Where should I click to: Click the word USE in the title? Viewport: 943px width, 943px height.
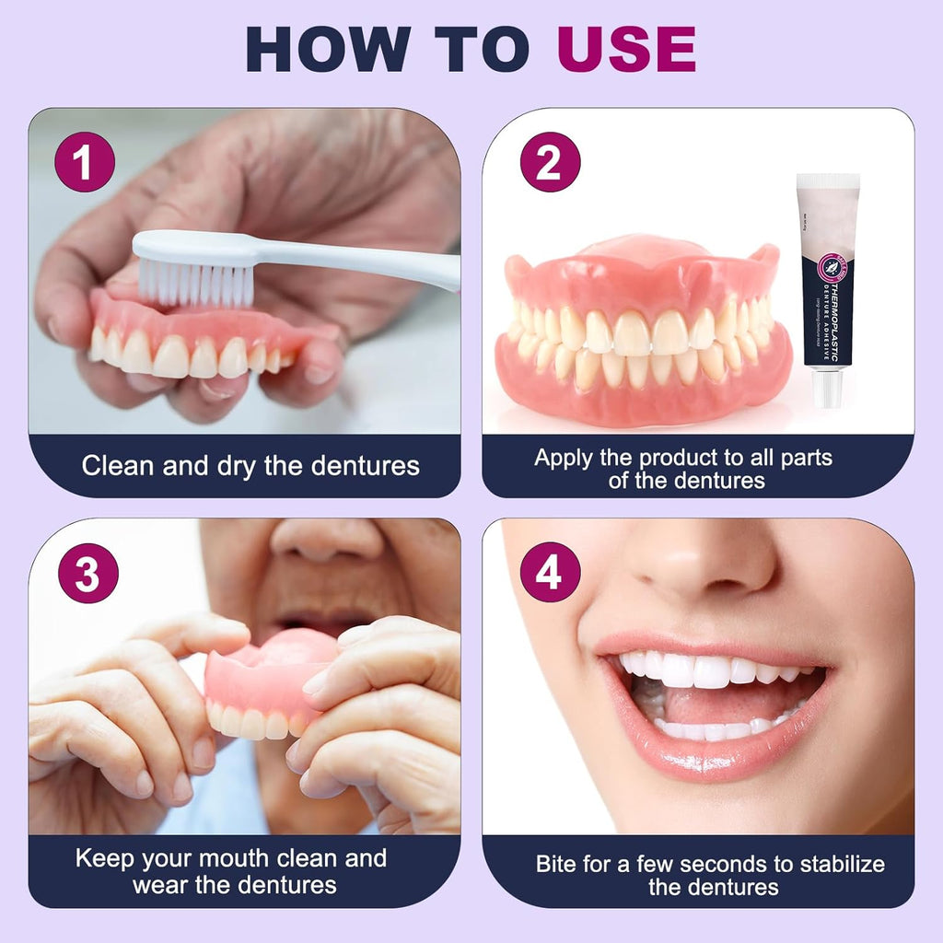pyautogui.click(x=626, y=50)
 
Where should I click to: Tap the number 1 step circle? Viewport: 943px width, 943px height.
pyautogui.click(x=85, y=163)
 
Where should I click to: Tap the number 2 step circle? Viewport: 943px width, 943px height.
pyautogui.click(x=549, y=163)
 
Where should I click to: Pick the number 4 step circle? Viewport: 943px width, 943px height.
pyautogui.click(x=550, y=573)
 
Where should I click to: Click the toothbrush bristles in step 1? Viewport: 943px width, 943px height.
pyautogui.click(x=196, y=282)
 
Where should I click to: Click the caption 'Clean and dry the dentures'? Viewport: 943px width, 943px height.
pyautogui.click(x=250, y=466)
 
